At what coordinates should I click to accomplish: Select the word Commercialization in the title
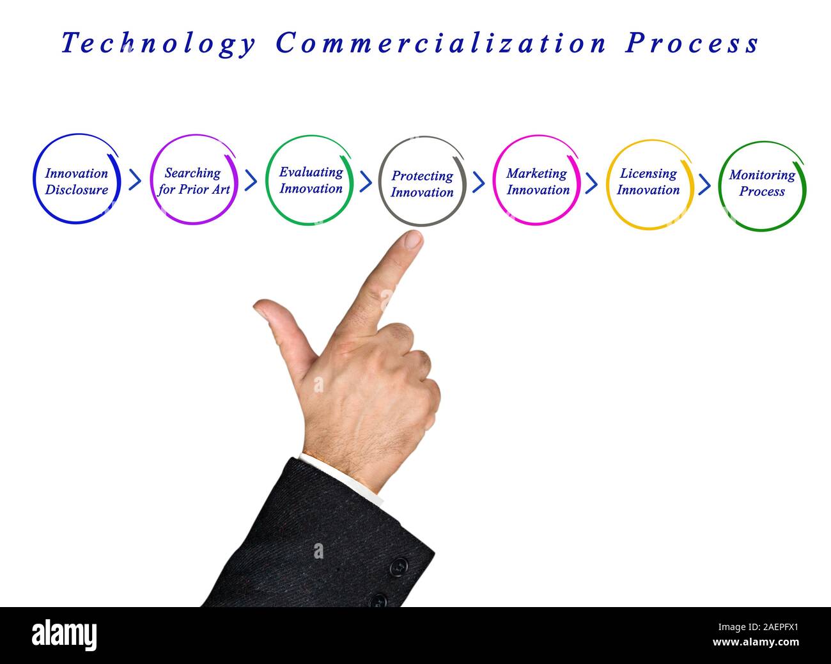pos(441,43)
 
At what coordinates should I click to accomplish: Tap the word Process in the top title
pos(692,43)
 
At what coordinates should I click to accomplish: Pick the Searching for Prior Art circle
pos(194,180)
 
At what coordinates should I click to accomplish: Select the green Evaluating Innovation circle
pos(310,180)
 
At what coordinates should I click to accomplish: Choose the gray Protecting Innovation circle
pos(422,183)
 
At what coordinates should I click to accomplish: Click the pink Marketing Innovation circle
pos(537,181)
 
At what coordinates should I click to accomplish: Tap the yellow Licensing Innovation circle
pos(649,182)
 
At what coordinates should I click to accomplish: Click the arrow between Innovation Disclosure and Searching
pos(135,180)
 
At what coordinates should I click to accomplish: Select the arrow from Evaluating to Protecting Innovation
pos(366,182)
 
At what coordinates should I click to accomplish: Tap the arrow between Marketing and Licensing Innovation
pos(591,184)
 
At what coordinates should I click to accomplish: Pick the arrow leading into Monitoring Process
pos(704,185)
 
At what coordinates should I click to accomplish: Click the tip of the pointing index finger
pos(412,240)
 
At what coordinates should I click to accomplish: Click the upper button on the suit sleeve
pos(398,566)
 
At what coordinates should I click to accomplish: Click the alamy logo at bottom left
pos(65,635)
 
